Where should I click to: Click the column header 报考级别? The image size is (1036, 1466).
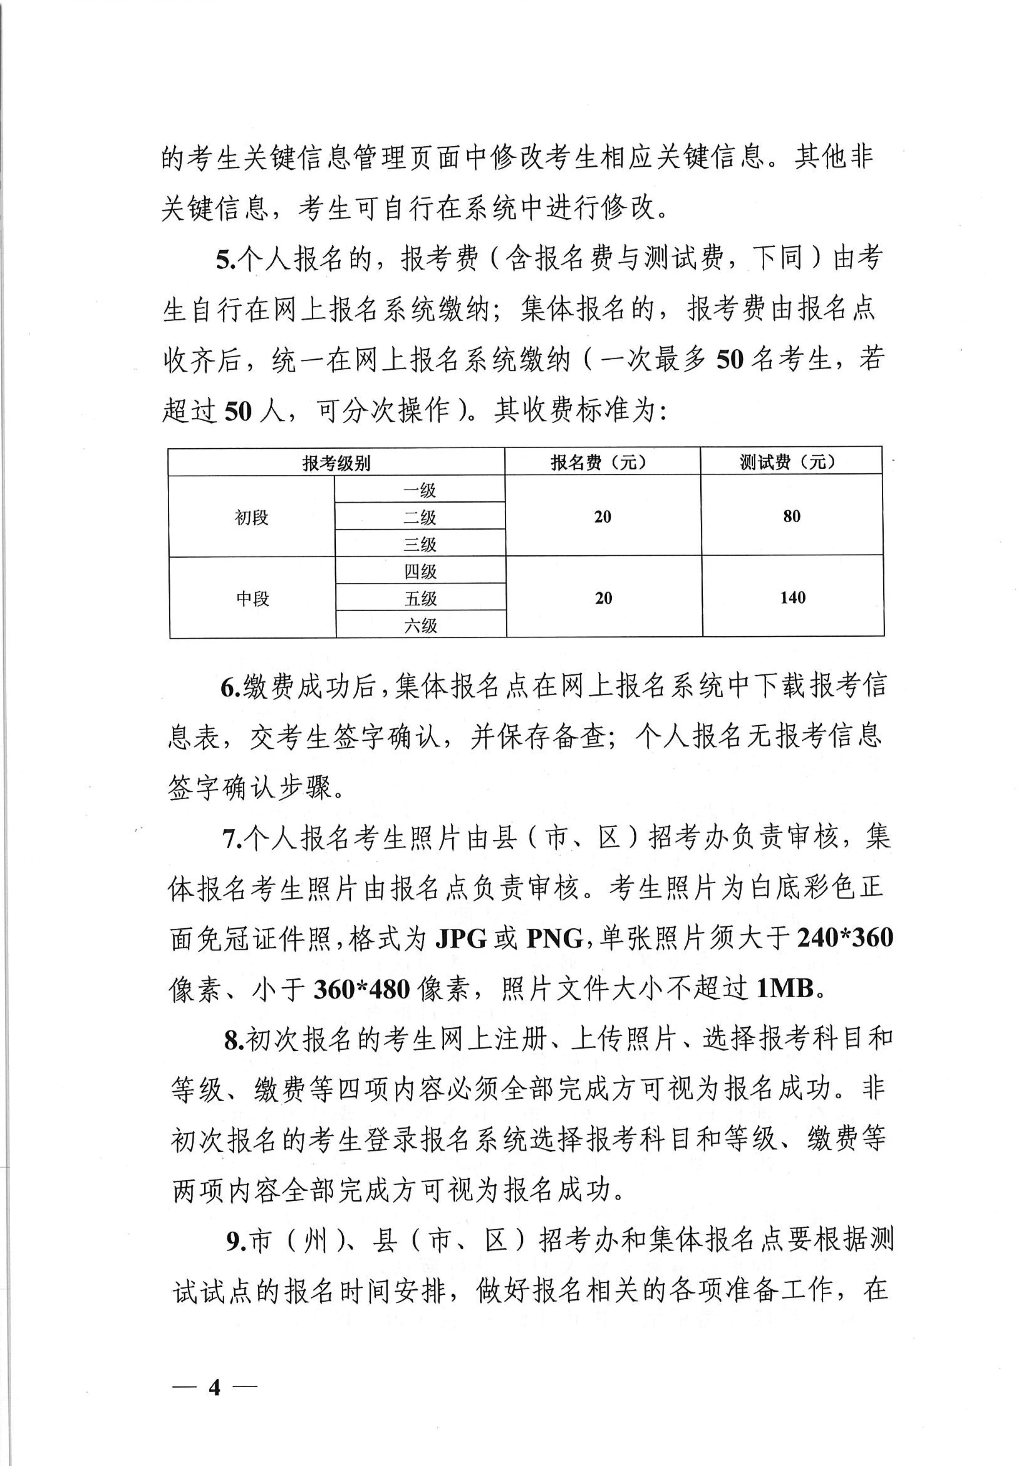pyautogui.click(x=337, y=462)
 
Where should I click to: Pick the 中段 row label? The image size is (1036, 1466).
pyautogui.click(x=253, y=598)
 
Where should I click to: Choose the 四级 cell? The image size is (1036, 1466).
pyautogui.click(x=420, y=572)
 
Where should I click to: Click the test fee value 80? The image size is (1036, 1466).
pyautogui.click(x=792, y=516)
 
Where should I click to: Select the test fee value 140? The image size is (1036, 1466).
pyautogui.click(x=792, y=597)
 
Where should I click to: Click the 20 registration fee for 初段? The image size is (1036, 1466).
pyautogui.click(x=603, y=516)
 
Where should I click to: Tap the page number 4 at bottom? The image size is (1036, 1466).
pyautogui.click(x=215, y=1369)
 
